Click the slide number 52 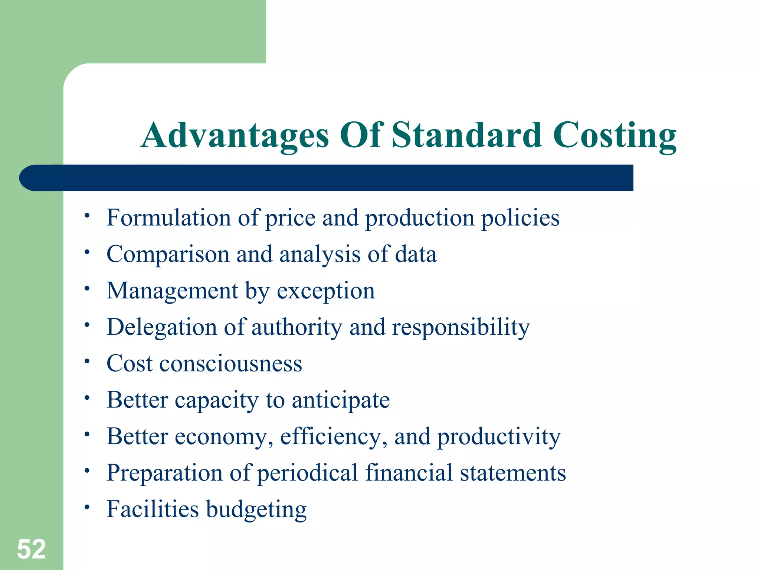32,549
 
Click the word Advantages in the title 235,136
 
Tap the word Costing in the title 615,136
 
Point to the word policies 520,218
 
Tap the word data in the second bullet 416,254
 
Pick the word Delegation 162,327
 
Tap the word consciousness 231,364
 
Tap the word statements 513,473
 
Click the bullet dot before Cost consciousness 87,361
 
